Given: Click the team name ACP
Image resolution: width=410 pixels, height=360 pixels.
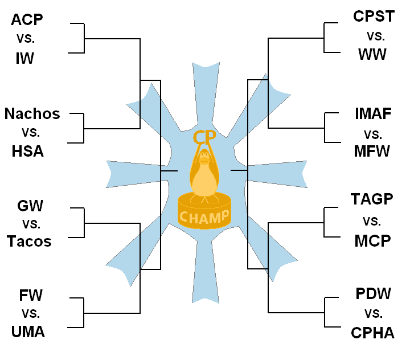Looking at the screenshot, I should tap(27, 20).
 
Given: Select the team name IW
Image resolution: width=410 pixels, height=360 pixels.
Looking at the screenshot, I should tap(25, 58).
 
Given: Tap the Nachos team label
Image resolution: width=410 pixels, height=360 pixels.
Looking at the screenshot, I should tap(32, 114).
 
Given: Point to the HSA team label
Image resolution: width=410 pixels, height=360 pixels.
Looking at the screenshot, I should tap(27, 152).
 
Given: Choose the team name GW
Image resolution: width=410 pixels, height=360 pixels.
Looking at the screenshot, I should tap(30, 206).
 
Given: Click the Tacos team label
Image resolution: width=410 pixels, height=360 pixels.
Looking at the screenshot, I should tap(29, 242).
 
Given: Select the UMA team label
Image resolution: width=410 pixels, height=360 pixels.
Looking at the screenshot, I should tap(28, 331).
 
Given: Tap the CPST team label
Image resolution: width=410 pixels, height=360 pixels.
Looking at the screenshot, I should tap(374, 17).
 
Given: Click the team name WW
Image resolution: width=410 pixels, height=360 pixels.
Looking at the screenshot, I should tap(372, 55).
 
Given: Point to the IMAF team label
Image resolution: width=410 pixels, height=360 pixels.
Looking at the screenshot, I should tap(373, 114).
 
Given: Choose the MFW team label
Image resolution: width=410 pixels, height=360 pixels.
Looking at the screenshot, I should tap(372, 152).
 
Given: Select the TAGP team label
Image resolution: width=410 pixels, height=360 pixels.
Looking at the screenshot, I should tap(372, 199).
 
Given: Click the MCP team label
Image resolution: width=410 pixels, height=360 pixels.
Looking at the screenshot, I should tap(372, 240).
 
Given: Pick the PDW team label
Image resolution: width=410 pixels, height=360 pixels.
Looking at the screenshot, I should tap(373, 294).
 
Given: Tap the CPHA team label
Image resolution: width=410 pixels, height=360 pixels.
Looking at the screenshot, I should tap(372, 333).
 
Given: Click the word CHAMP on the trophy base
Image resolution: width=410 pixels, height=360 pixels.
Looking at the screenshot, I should tap(204, 216).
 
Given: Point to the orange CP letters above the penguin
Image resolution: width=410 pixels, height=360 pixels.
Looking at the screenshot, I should tap(203, 137).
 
